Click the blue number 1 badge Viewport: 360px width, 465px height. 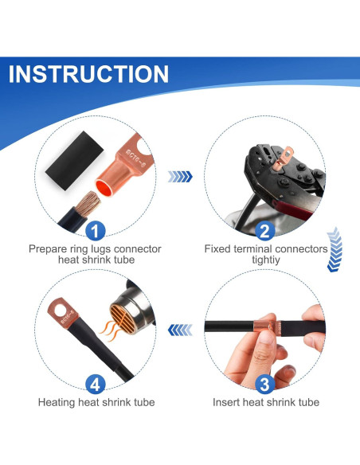95,231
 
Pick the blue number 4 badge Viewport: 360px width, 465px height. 95,385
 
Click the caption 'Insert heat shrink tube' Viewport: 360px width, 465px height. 266,402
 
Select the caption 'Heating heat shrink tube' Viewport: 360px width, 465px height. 95,402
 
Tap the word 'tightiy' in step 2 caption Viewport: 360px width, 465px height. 266,261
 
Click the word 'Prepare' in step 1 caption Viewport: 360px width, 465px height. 47,249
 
